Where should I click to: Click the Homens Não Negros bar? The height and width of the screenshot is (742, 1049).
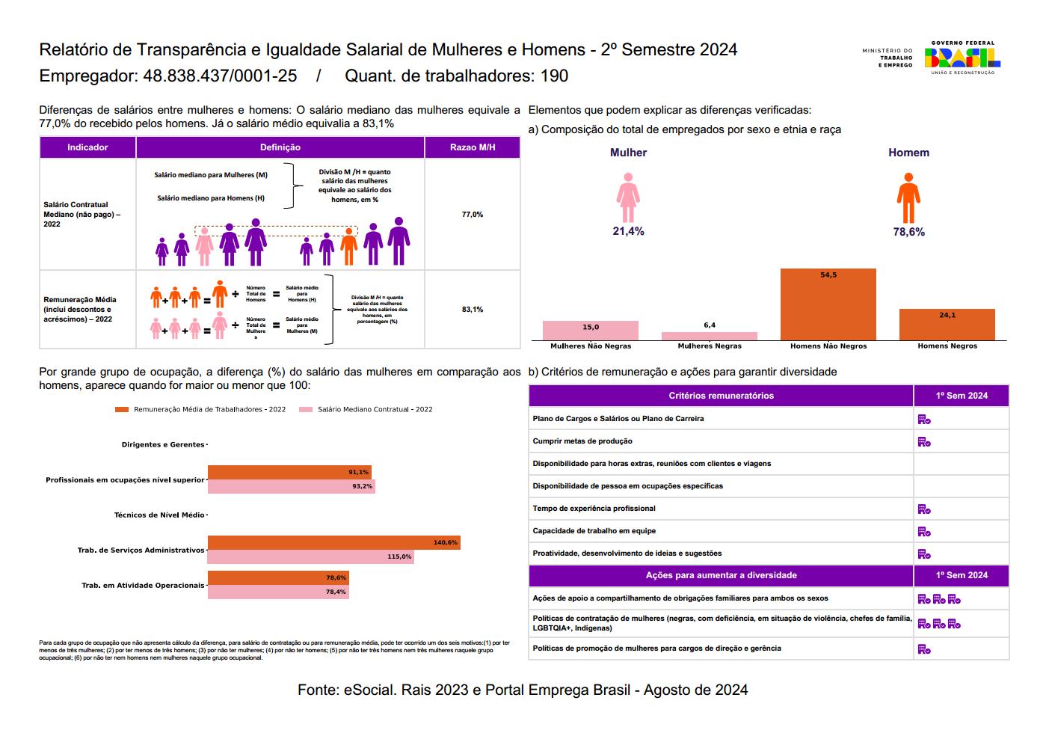tap(828, 304)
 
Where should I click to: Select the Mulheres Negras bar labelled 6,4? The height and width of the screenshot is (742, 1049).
tap(709, 337)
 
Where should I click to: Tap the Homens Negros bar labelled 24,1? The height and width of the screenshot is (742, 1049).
tap(947, 325)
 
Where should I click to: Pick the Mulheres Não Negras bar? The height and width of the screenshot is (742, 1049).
tap(590, 331)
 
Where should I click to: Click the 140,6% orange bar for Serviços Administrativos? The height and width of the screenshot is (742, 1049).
tap(333, 543)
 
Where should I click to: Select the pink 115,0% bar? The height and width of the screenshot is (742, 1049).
tap(310, 557)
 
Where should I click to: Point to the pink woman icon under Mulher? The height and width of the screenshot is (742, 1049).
tap(628, 198)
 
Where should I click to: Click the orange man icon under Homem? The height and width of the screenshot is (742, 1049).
tap(908, 198)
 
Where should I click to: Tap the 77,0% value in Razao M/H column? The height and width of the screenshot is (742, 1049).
tap(473, 215)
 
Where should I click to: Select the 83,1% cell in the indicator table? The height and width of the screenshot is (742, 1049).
tap(473, 310)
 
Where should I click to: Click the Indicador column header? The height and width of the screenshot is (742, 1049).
tap(87, 147)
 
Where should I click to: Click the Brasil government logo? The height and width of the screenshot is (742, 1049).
tap(962, 57)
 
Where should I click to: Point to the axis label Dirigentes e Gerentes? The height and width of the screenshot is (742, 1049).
tap(162, 445)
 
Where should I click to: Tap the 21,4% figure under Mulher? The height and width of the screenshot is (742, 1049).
tap(628, 232)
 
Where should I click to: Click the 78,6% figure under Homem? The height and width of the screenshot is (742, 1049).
tap(908, 233)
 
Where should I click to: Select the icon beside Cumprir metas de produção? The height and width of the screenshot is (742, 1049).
tap(924, 442)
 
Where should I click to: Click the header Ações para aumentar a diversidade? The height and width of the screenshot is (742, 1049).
tap(721, 576)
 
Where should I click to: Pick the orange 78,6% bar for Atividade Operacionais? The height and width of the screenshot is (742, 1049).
tap(278, 578)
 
